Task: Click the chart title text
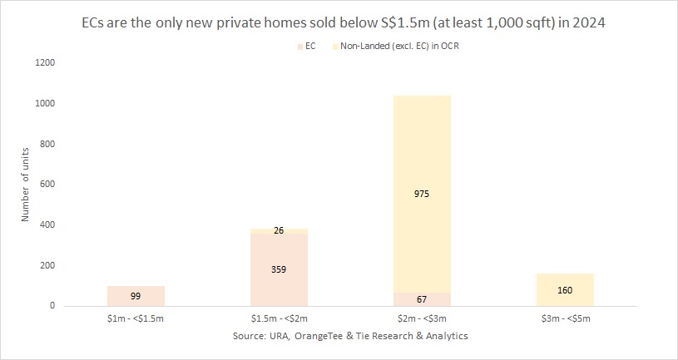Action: coord(339,23)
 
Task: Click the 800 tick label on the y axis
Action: coord(47,144)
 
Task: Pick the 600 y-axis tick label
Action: coord(47,185)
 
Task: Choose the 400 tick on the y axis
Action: coord(47,225)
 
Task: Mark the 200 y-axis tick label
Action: coord(47,265)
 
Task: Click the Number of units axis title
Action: coord(25,185)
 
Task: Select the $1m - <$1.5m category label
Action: coord(136,319)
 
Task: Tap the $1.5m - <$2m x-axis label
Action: coord(279,319)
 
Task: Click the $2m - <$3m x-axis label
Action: coord(422,319)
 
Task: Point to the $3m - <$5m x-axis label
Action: coord(565,319)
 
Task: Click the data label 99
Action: coord(136,296)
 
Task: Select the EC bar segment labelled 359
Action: coord(279,269)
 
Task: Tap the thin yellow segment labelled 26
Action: coord(279,230)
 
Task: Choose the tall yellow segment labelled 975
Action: coord(422,194)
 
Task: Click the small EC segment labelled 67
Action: coord(422,299)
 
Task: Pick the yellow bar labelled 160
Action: coord(565,290)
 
